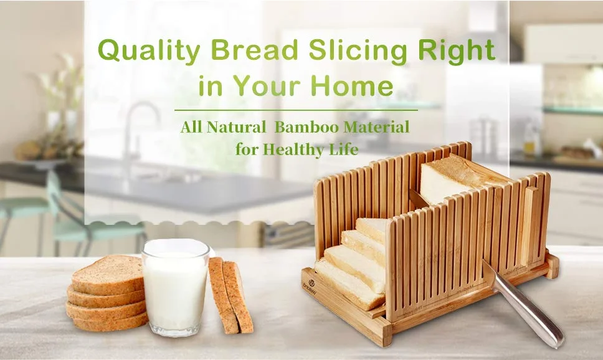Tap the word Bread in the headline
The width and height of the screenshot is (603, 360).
pos(255,50)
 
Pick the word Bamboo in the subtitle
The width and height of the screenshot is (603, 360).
pos(306,126)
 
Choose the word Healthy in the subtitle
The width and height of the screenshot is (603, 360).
pos(293,149)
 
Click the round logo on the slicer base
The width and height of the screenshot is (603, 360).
pos(311,283)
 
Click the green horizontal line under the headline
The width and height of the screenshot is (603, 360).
pos(296,110)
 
